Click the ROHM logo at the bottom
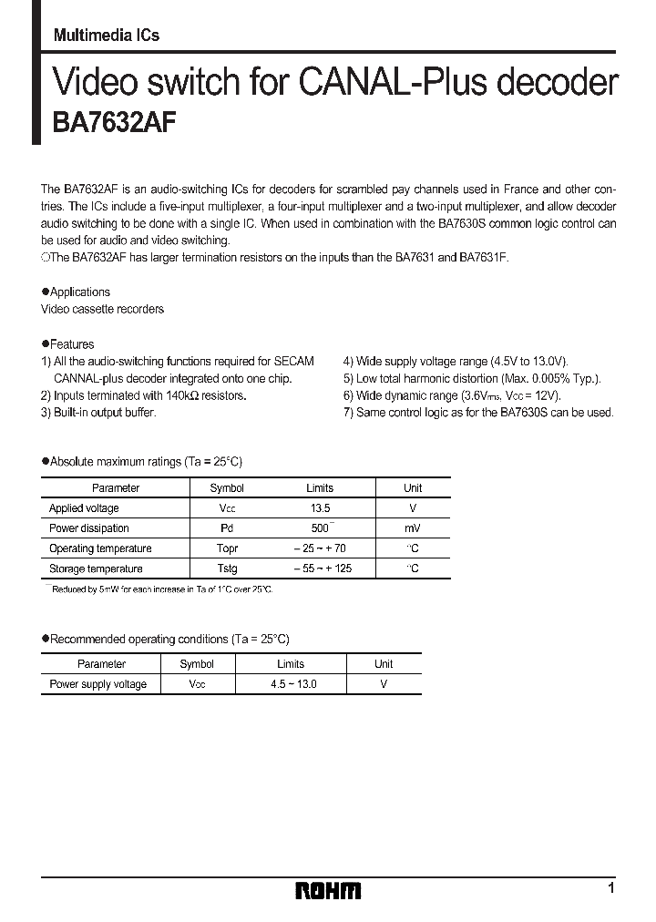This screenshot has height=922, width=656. pyautogui.click(x=328, y=890)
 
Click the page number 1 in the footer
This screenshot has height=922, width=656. pyautogui.click(x=611, y=887)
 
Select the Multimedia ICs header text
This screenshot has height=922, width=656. pyautogui.click(x=107, y=36)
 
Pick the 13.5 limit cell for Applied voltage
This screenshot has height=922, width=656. pyautogui.click(x=319, y=508)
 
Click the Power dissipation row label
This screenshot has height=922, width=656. pyautogui.click(x=88, y=528)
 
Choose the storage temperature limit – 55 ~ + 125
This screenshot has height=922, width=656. pyautogui.click(x=322, y=569)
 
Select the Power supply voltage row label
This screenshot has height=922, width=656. pyautogui.click(x=97, y=684)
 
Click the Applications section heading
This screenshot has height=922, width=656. pyautogui.click(x=78, y=292)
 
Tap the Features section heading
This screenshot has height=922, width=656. pyautogui.click(x=71, y=344)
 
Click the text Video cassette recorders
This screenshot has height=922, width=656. pyautogui.click(x=102, y=310)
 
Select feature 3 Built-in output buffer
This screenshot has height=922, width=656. pyautogui.click(x=98, y=413)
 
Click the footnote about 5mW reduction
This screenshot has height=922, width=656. pyautogui.click(x=158, y=589)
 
